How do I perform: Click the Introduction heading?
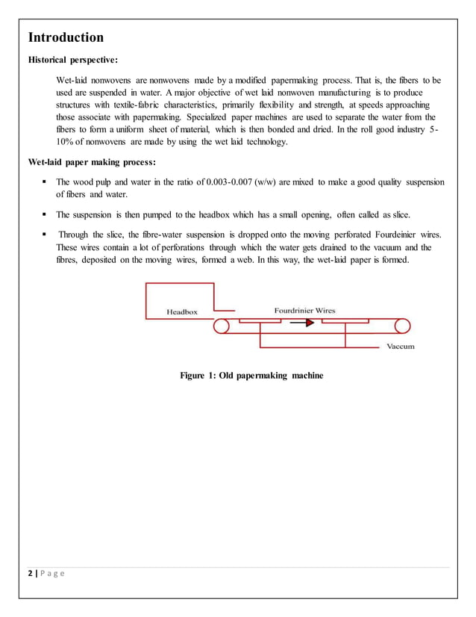tap(66, 37)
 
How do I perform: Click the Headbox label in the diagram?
tap(181, 311)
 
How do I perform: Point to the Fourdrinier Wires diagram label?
tap(304, 310)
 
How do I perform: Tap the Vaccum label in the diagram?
tap(400, 347)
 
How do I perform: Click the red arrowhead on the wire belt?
tap(307, 324)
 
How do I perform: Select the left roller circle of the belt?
tap(221, 326)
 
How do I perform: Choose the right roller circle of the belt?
tap(403, 326)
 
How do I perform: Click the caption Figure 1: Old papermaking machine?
tap(251, 375)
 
